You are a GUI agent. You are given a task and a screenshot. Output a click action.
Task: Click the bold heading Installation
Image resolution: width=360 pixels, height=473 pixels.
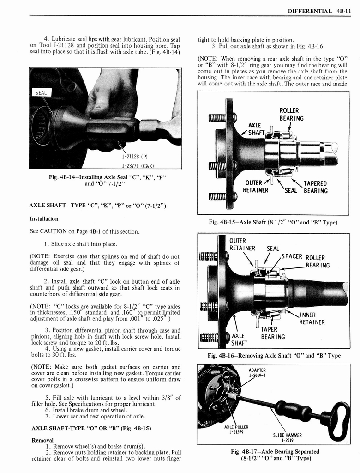44,218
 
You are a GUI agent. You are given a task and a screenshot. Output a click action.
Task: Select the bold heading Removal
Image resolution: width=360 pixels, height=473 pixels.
42,440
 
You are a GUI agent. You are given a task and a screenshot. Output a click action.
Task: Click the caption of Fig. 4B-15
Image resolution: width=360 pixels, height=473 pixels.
273,222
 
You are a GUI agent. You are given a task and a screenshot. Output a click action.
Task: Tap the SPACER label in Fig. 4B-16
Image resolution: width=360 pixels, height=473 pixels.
291,256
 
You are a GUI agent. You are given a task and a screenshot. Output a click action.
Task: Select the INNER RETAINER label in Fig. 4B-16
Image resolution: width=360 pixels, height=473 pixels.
312,319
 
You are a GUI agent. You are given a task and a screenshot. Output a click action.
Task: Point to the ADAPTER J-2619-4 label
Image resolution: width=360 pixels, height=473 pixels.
258,372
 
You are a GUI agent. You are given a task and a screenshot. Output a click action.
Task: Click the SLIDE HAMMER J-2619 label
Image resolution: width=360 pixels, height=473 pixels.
287,437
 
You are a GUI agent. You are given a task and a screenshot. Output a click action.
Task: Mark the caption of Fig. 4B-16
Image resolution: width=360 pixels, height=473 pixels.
274,355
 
